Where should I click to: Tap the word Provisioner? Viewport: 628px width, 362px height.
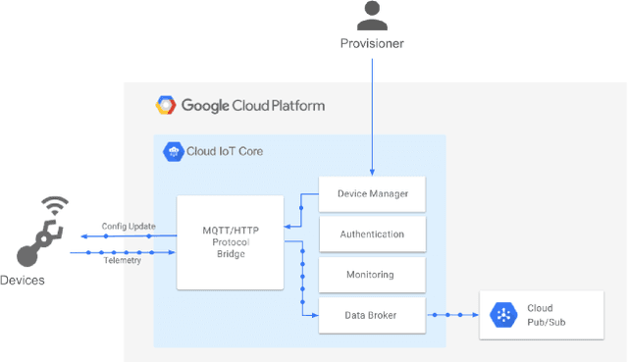click(371, 44)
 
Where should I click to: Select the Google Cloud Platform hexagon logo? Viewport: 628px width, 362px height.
click(166, 106)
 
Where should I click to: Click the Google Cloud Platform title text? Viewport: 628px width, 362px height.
click(253, 106)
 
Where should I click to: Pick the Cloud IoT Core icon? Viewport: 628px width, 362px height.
click(173, 151)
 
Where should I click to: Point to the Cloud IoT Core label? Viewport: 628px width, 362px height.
click(225, 151)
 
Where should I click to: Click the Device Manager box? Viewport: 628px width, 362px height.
click(372, 194)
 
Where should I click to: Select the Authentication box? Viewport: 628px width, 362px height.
click(372, 234)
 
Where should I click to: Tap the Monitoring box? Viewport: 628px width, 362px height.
click(372, 275)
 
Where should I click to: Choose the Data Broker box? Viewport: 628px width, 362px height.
click(372, 315)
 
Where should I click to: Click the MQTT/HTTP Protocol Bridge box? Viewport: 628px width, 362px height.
click(230, 242)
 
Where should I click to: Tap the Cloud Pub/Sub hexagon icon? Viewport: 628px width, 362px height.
click(502, 315)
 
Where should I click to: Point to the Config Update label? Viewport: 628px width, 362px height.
click(129, 227)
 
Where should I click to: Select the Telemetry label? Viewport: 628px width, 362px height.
click(123, 261)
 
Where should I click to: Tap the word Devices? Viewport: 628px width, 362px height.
click(23, 281)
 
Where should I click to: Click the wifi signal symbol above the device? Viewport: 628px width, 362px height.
click(56, 207)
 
